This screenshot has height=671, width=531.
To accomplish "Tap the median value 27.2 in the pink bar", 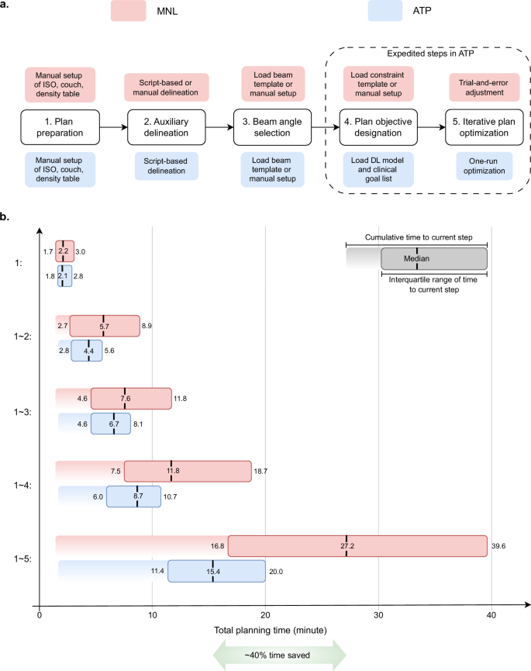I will pyautogui.click(x=347, y=546).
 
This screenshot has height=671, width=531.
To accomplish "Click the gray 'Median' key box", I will pyautogui.click(x=434, y=258).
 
